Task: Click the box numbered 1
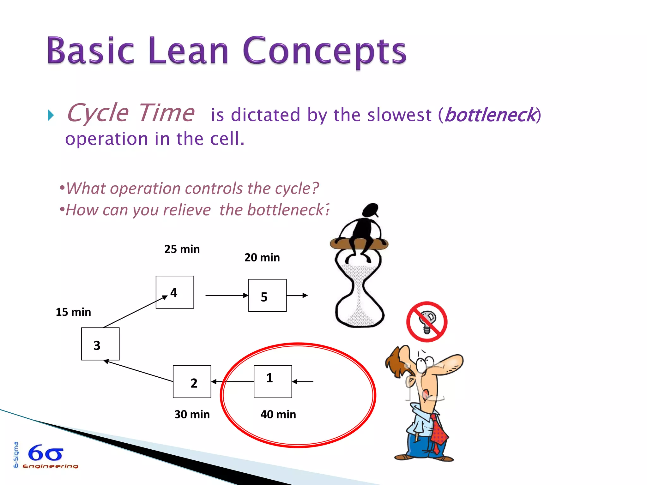tap(273, 381)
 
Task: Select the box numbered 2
tap(192, 381)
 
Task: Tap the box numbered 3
tap(100, 344)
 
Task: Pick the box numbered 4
tap(175, 292)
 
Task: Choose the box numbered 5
tap(267, 295)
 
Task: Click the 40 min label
tap(278, 414)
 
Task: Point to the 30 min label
tap(192, 414)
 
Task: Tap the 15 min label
tap(73, 312)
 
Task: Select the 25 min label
tap(182, 249)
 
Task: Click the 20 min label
tap(262, 257)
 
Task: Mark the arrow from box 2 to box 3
tap(139, 371)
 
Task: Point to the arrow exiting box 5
tap(297, 295)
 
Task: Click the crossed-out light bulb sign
tap(426, 321)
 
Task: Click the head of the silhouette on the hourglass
tap(371, 210)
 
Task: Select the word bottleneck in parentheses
tap(490, 115)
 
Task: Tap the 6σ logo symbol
tap(46, 453)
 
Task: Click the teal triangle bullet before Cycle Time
tap(51, 115)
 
